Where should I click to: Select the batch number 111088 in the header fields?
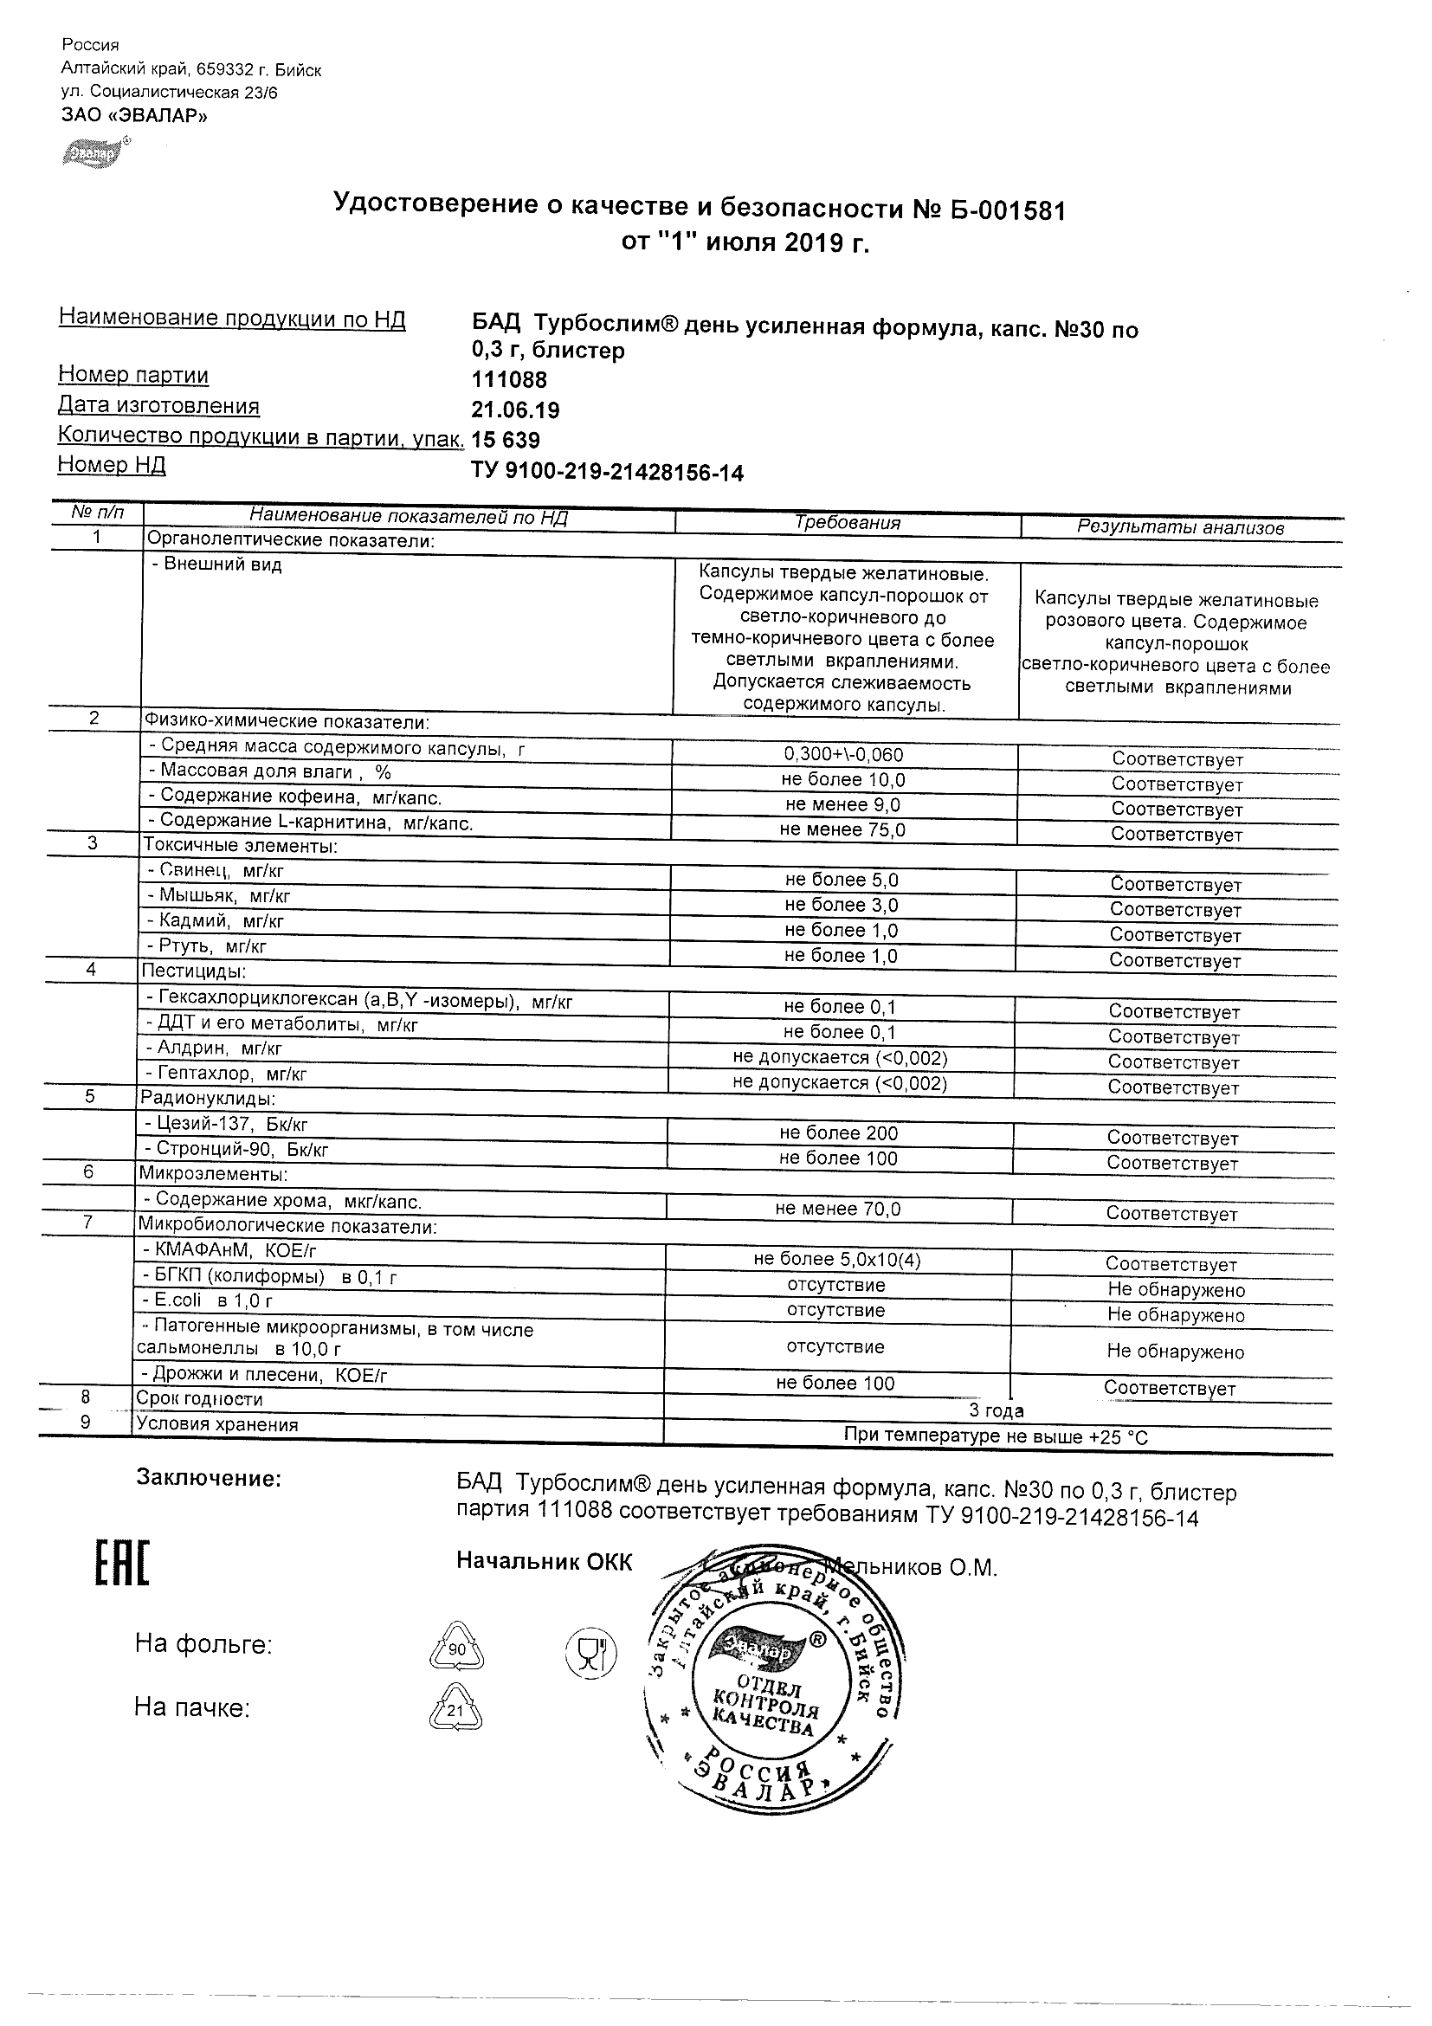point(510,380)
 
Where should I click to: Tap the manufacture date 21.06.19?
point(516,410)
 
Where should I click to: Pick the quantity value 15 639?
point(506,441)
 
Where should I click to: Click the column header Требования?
point(847,523)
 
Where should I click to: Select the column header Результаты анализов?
point(1180,527)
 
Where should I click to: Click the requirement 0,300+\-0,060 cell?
point(843,754)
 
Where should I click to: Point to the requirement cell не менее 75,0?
point(842,829)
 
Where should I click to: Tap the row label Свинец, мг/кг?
point(216,871)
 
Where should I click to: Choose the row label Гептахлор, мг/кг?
point(226,1074)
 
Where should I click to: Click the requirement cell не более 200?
point(838,1133)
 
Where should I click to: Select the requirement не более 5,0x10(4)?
point(837,1260)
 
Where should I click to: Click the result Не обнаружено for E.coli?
point(1176,1315)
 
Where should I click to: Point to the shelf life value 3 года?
point(997,1410)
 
